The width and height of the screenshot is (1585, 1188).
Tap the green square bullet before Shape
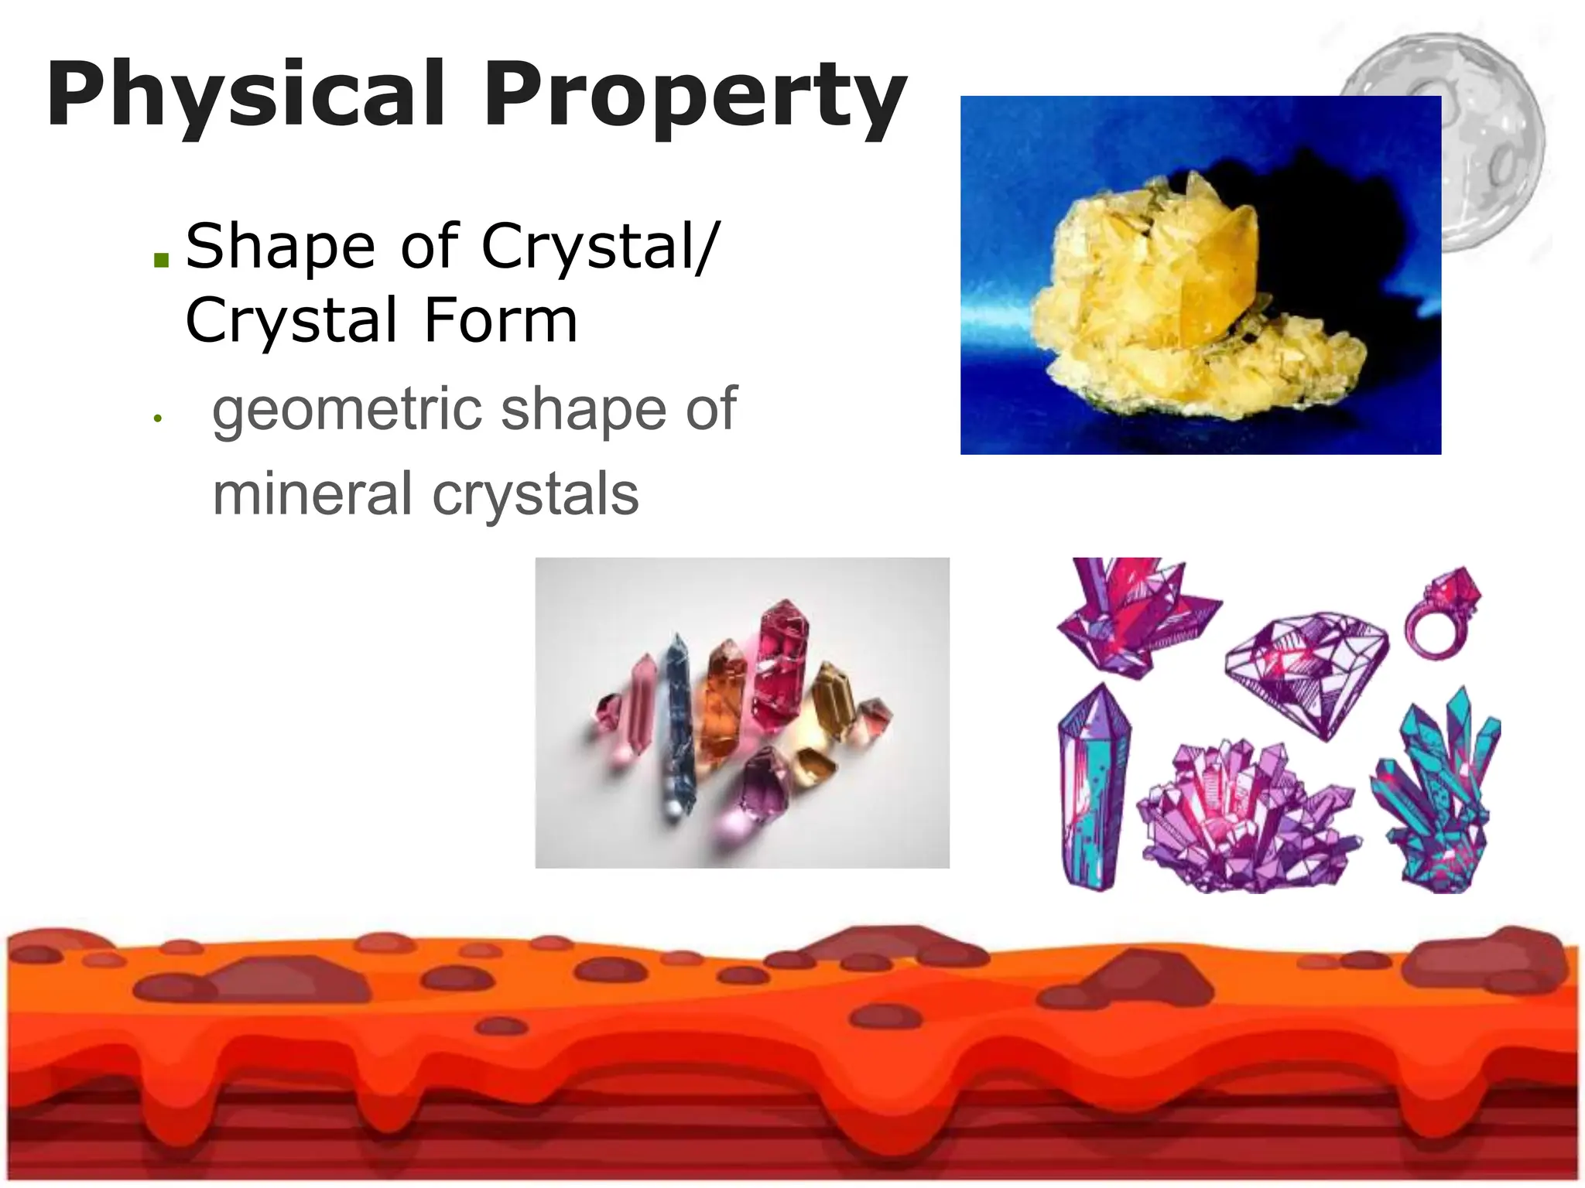click(161, 259)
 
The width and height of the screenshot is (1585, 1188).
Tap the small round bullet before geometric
click(157, 419)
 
